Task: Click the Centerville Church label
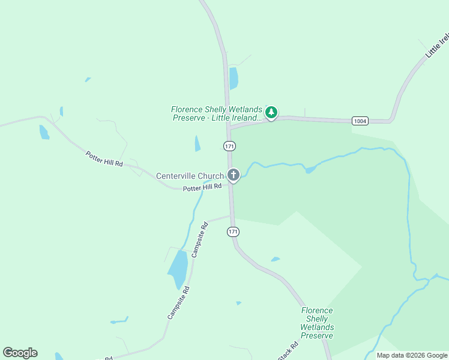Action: (x=190, y=176)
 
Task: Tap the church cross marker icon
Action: (x=234, y=175)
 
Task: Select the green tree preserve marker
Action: (x=271, y=112)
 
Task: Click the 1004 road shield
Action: (x=360, y=121)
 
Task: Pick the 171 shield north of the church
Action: (x=229, y=146)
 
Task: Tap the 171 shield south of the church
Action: (x=234, y=232)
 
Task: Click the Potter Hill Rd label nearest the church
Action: (x=202, y=187)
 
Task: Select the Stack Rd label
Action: (x=288, y=351)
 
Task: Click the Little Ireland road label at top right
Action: (x=437, y=46)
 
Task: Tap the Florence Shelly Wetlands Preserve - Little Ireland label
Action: (x=217, y=113)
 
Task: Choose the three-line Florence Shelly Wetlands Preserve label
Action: (x=317, y=323)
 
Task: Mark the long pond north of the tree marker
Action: (x=234, y=78)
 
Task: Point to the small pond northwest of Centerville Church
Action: (x=197, y=143)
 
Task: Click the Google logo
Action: (x=20, y=353)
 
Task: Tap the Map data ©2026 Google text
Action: (x=412, y=355)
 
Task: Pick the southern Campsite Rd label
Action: (x=178, y=302)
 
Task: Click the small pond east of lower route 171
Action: (x=275, y=259)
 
